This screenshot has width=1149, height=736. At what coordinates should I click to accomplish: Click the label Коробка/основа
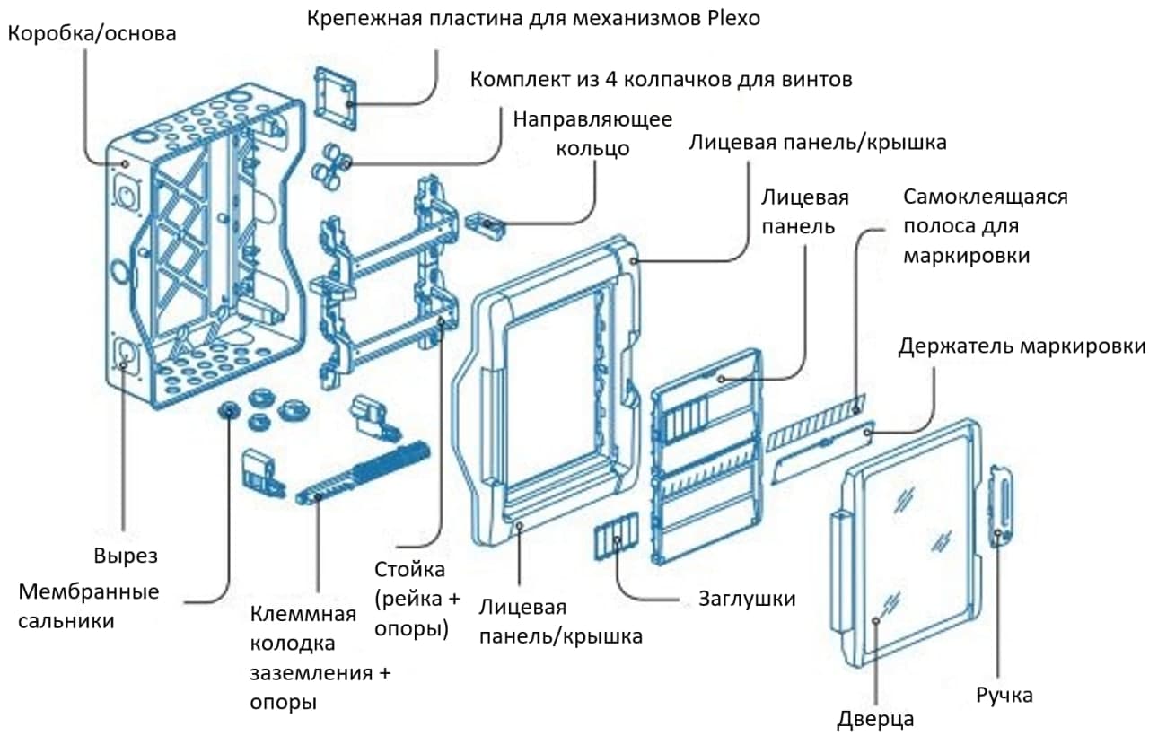[92, 34]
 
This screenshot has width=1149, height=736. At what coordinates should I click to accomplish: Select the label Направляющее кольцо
[592, 133]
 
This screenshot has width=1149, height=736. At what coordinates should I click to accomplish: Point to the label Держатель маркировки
[1022, 346]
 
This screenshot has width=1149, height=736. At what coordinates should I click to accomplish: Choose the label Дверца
[875, 718]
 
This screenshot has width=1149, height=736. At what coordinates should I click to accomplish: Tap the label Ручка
[1004, 695]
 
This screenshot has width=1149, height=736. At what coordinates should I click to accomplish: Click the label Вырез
[126, 556]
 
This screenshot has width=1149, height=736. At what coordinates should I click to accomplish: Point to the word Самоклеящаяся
[986, 197]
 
